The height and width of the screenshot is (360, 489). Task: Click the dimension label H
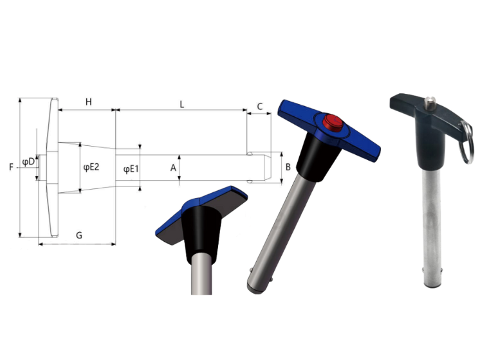tap(89, 102)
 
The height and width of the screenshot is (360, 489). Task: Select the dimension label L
tap(182, 104)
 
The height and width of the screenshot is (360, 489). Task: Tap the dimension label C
tap(259, 107)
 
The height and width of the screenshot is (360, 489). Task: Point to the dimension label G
tap(79, 235)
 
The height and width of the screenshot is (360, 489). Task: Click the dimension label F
tap(11, 167)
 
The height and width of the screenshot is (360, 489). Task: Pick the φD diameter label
tap(28, 162)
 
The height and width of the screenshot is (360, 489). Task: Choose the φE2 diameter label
tap(91, 167)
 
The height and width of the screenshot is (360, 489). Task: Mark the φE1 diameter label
tap(131, 169)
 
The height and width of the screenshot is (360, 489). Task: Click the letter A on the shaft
tap(173, 168)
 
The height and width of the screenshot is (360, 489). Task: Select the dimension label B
tap(288, 167)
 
